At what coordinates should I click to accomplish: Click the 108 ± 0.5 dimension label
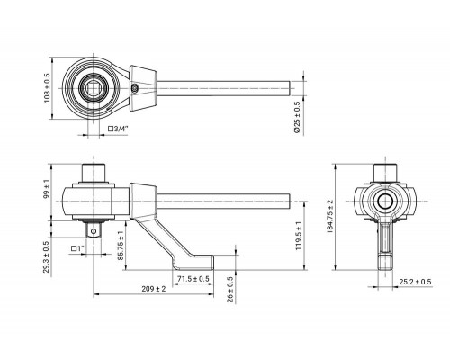tap(48, 88)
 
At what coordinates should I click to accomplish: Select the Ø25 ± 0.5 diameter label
tap(296, 117)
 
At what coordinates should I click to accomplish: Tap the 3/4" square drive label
tap(118, 129)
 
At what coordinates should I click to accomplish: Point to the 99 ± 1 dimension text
tap(46, 189)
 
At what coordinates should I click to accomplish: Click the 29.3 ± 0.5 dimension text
tap(46, 257)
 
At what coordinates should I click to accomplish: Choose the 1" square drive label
tap(78, 248)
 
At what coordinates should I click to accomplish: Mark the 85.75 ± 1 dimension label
tap(121, 246)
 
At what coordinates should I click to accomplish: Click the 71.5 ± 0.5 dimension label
tap(193, 279)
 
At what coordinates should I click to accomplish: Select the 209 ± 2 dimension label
tap(154, 289)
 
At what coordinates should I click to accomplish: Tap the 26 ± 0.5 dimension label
tap(230, 289)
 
